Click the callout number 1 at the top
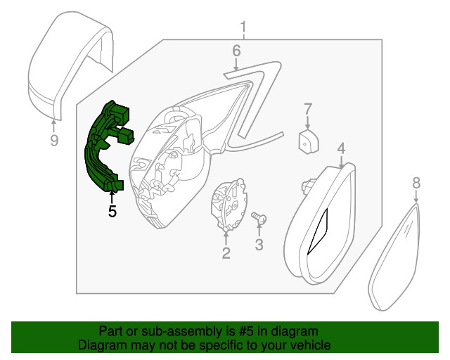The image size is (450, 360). pyautogui.click(x=243, y=27)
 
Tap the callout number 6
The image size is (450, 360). pyautogui.click(x=236, y=51)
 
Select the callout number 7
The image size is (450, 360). pyautogui.click(x=307, y=110)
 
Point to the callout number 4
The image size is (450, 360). pyautogui.click(x=341, y=148)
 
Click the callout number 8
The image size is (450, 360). pyautogui.click(x=416, y=183)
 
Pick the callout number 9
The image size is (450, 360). pyautogui.click(x=54, y=140)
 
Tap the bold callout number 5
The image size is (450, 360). pyautogui.click(x=112, y=211)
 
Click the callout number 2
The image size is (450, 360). pyautogui.click(x=226, y=252)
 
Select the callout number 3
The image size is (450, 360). pyautogui.click(x=259, y=245)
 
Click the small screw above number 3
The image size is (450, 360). pyautogui.click(x=259, y=218)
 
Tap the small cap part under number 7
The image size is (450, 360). pyautogui.click(x=309, y=141)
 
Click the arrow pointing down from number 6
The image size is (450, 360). pyautogui.click(x=236, y=64)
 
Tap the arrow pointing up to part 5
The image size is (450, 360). pyautogui.click(x=112, y=198)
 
